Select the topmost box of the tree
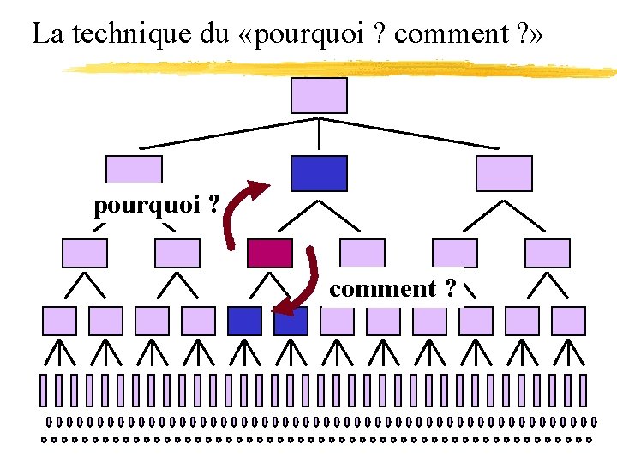tap(319, 95)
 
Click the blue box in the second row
tap(319, 172)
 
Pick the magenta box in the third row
tap(269, 253)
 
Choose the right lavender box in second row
tap(504, 172)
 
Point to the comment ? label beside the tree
tap(392, 289)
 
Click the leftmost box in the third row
tap(85, 253)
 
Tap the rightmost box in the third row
tap(548, 253)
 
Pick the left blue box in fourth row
tap(244, 321)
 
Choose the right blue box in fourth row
tap(291, 321)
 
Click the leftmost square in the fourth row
tap(59, 321)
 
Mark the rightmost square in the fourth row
tap(568, 321)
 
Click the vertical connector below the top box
tap(319, 133)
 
